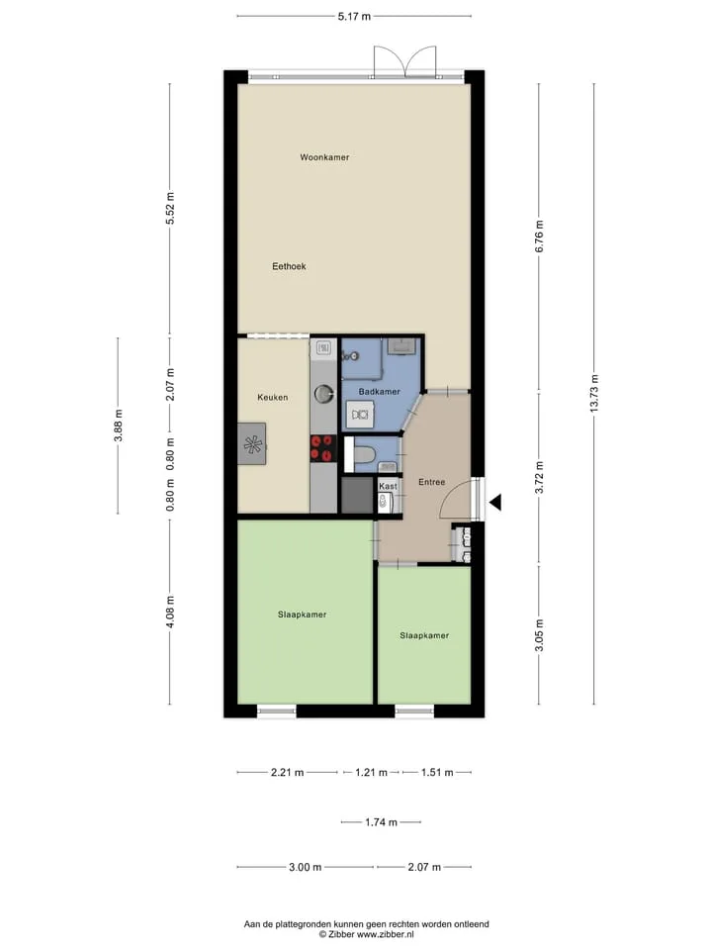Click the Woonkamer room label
pos(324,157)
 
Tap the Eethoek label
pos(289,266)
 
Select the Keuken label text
pos(273,398)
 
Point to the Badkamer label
pos(379,392)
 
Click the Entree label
pos(432,482)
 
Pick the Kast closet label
pos(388,486)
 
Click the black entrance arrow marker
pos(495,503)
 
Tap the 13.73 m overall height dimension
pos(594,394)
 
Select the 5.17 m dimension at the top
pos(354,17)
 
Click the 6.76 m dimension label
pos(540,237)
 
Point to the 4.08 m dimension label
pos(170,612)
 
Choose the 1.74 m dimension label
pos(381,822)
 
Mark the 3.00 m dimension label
pos(306,867)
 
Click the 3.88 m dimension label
pos(118,426)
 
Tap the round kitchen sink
pos(324,394)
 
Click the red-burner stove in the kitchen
pos(323,448)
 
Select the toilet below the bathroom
pos(362,454)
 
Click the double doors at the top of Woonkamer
pos(405,61)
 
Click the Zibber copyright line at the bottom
pos(366,935)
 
